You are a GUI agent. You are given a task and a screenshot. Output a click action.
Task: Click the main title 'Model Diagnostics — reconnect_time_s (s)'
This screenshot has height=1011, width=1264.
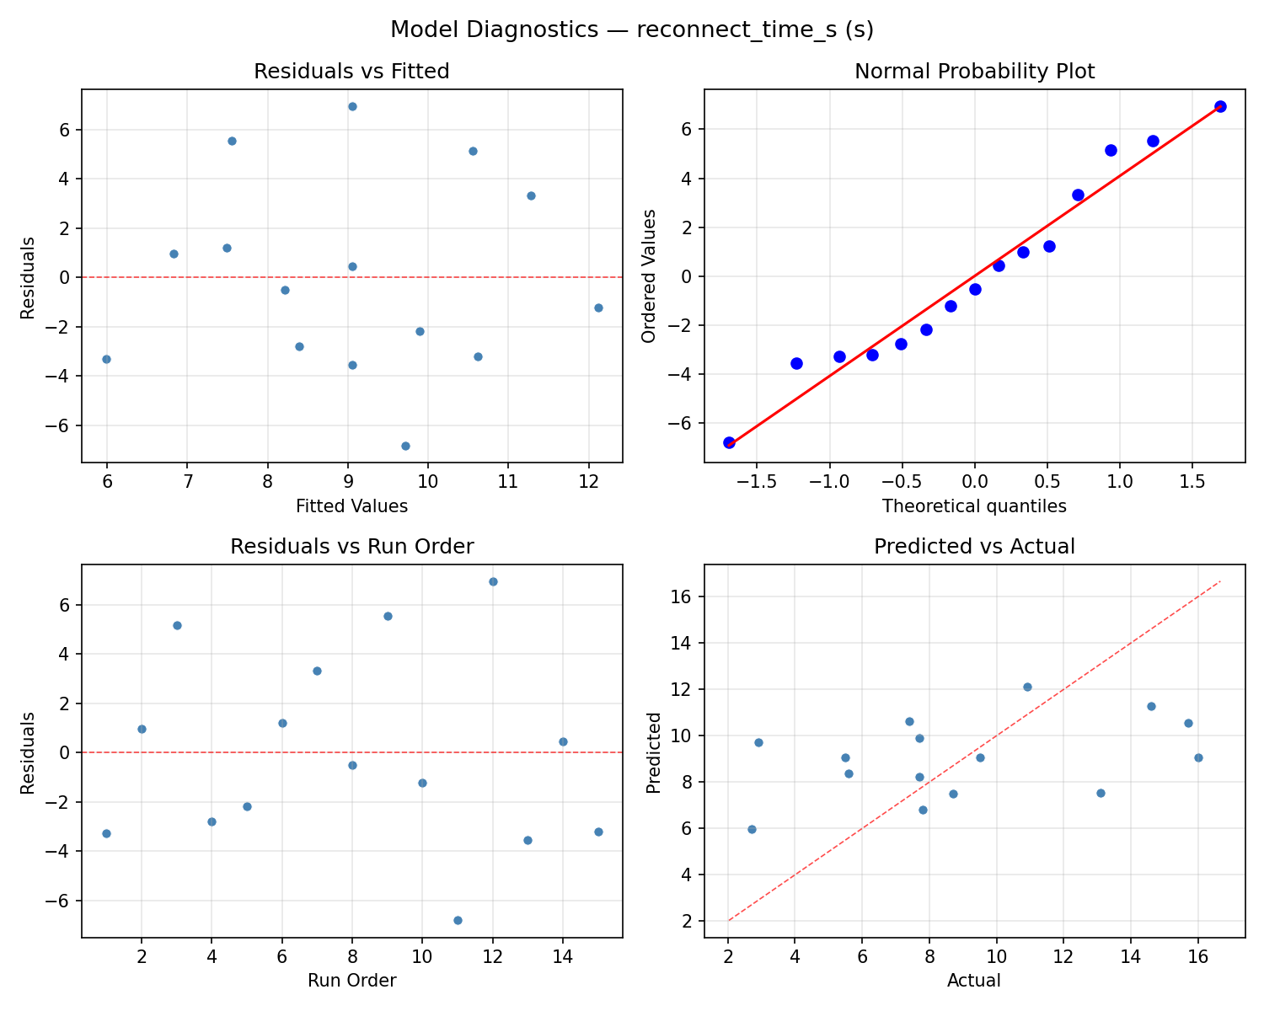point(632,29)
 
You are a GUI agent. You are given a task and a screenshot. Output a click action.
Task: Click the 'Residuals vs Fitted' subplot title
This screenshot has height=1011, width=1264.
point(351,72)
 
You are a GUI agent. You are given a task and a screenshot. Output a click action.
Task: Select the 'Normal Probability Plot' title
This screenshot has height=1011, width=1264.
point(974,72)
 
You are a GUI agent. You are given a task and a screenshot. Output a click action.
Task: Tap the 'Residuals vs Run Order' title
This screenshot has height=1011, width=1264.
point(351,547)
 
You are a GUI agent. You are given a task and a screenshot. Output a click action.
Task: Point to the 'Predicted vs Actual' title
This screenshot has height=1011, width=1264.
point(974,547)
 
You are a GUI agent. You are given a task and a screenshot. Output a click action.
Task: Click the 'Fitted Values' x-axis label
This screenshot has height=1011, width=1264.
point(351,506)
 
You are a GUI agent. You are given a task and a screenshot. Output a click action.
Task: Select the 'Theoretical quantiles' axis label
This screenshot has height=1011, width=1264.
point(974,506)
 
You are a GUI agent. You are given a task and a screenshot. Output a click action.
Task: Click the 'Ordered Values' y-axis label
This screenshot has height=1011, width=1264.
point(648,276)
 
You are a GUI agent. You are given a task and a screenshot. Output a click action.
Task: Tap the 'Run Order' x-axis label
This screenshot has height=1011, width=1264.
point(351,981)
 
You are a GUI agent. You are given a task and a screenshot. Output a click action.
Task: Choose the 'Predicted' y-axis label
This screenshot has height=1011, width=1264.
point(653,752)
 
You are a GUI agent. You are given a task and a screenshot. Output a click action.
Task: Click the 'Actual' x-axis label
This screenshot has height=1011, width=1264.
point(974,981)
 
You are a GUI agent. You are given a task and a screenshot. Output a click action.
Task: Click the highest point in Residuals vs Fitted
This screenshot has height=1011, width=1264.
point(352,106)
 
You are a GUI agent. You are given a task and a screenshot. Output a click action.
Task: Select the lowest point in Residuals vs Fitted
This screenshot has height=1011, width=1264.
point(405,446)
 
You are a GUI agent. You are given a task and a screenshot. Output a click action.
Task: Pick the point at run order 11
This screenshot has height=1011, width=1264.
point(458,920)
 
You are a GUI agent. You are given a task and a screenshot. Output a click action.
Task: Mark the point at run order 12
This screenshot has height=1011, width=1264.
point(493,581)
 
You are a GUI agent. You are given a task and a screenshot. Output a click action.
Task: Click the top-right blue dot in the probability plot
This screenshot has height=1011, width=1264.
point(1220,106)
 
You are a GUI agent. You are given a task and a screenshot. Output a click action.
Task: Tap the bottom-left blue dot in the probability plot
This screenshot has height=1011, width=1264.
point(729,442)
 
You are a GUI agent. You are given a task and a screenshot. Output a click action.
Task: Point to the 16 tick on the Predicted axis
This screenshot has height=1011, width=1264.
point(688,596)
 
